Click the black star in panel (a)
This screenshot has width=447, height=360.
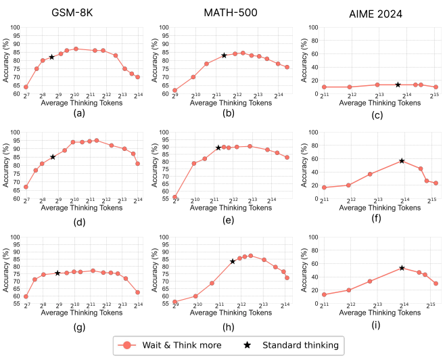click(51, 57)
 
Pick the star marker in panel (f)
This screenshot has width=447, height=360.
click(402, 160)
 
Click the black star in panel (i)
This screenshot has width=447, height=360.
click(402, 268)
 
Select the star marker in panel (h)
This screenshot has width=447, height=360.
click(233, 261)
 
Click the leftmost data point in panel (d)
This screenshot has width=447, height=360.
click(26, 187)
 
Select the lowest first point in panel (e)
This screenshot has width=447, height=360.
click(175, 197)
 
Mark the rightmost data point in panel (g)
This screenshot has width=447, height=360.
click(138, 292)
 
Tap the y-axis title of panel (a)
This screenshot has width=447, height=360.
click(6, 60)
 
